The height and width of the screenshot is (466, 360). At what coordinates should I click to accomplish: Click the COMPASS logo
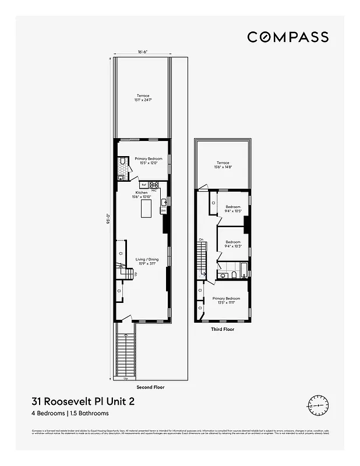[x=288, y=37]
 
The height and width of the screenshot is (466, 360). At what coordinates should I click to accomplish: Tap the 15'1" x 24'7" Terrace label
[x=143, y=98]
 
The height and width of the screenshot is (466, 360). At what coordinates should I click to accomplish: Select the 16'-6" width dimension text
[x=143, y=52]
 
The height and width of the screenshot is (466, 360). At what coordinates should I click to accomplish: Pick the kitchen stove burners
[x=154, y=185]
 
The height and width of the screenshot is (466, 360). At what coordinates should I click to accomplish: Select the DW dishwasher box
[x=164, y=210]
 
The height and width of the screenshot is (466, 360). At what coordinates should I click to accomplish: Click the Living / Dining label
[x=143, y=261]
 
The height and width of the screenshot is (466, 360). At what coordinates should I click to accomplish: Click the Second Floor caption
[x=150, y=387]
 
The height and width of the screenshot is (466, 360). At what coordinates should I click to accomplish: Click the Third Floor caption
[x=222, y=329]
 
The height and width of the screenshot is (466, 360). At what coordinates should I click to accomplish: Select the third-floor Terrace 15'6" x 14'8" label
[x=223, y=165]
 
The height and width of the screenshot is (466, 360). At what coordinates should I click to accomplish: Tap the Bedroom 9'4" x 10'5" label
[x=233, y=209]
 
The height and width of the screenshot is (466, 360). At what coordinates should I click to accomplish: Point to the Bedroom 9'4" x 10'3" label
[x=233, y=243]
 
